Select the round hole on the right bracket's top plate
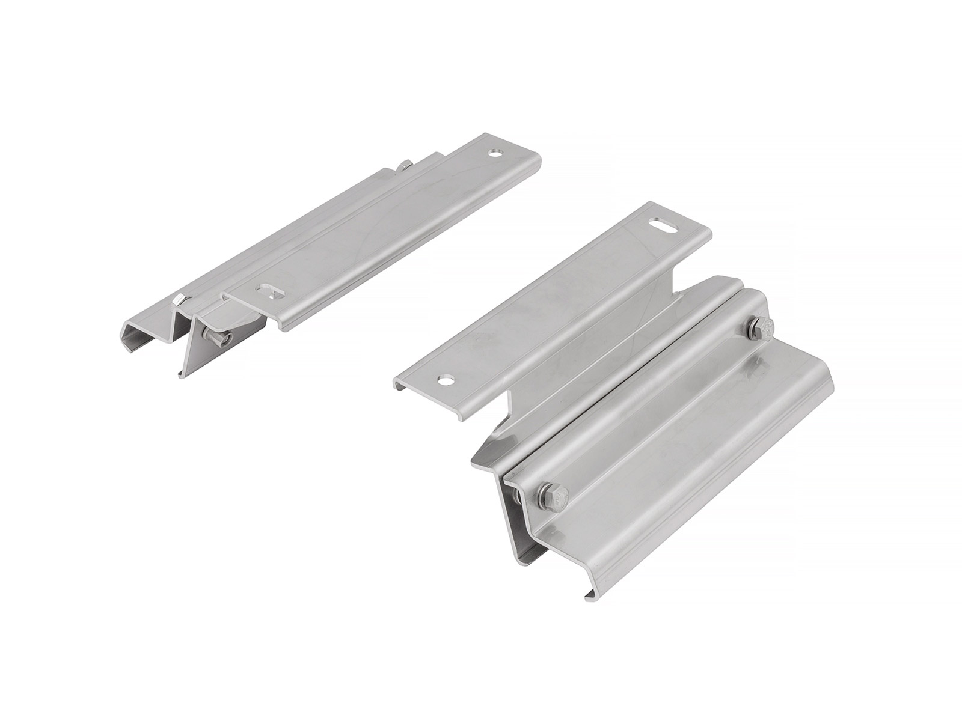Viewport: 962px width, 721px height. pyautogui.click(x=446, y=380)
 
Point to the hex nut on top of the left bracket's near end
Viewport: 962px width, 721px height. pyautogui.click(x=179, y=299)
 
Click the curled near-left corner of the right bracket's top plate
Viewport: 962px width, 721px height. pyautogui.click(x=401, y=385)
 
